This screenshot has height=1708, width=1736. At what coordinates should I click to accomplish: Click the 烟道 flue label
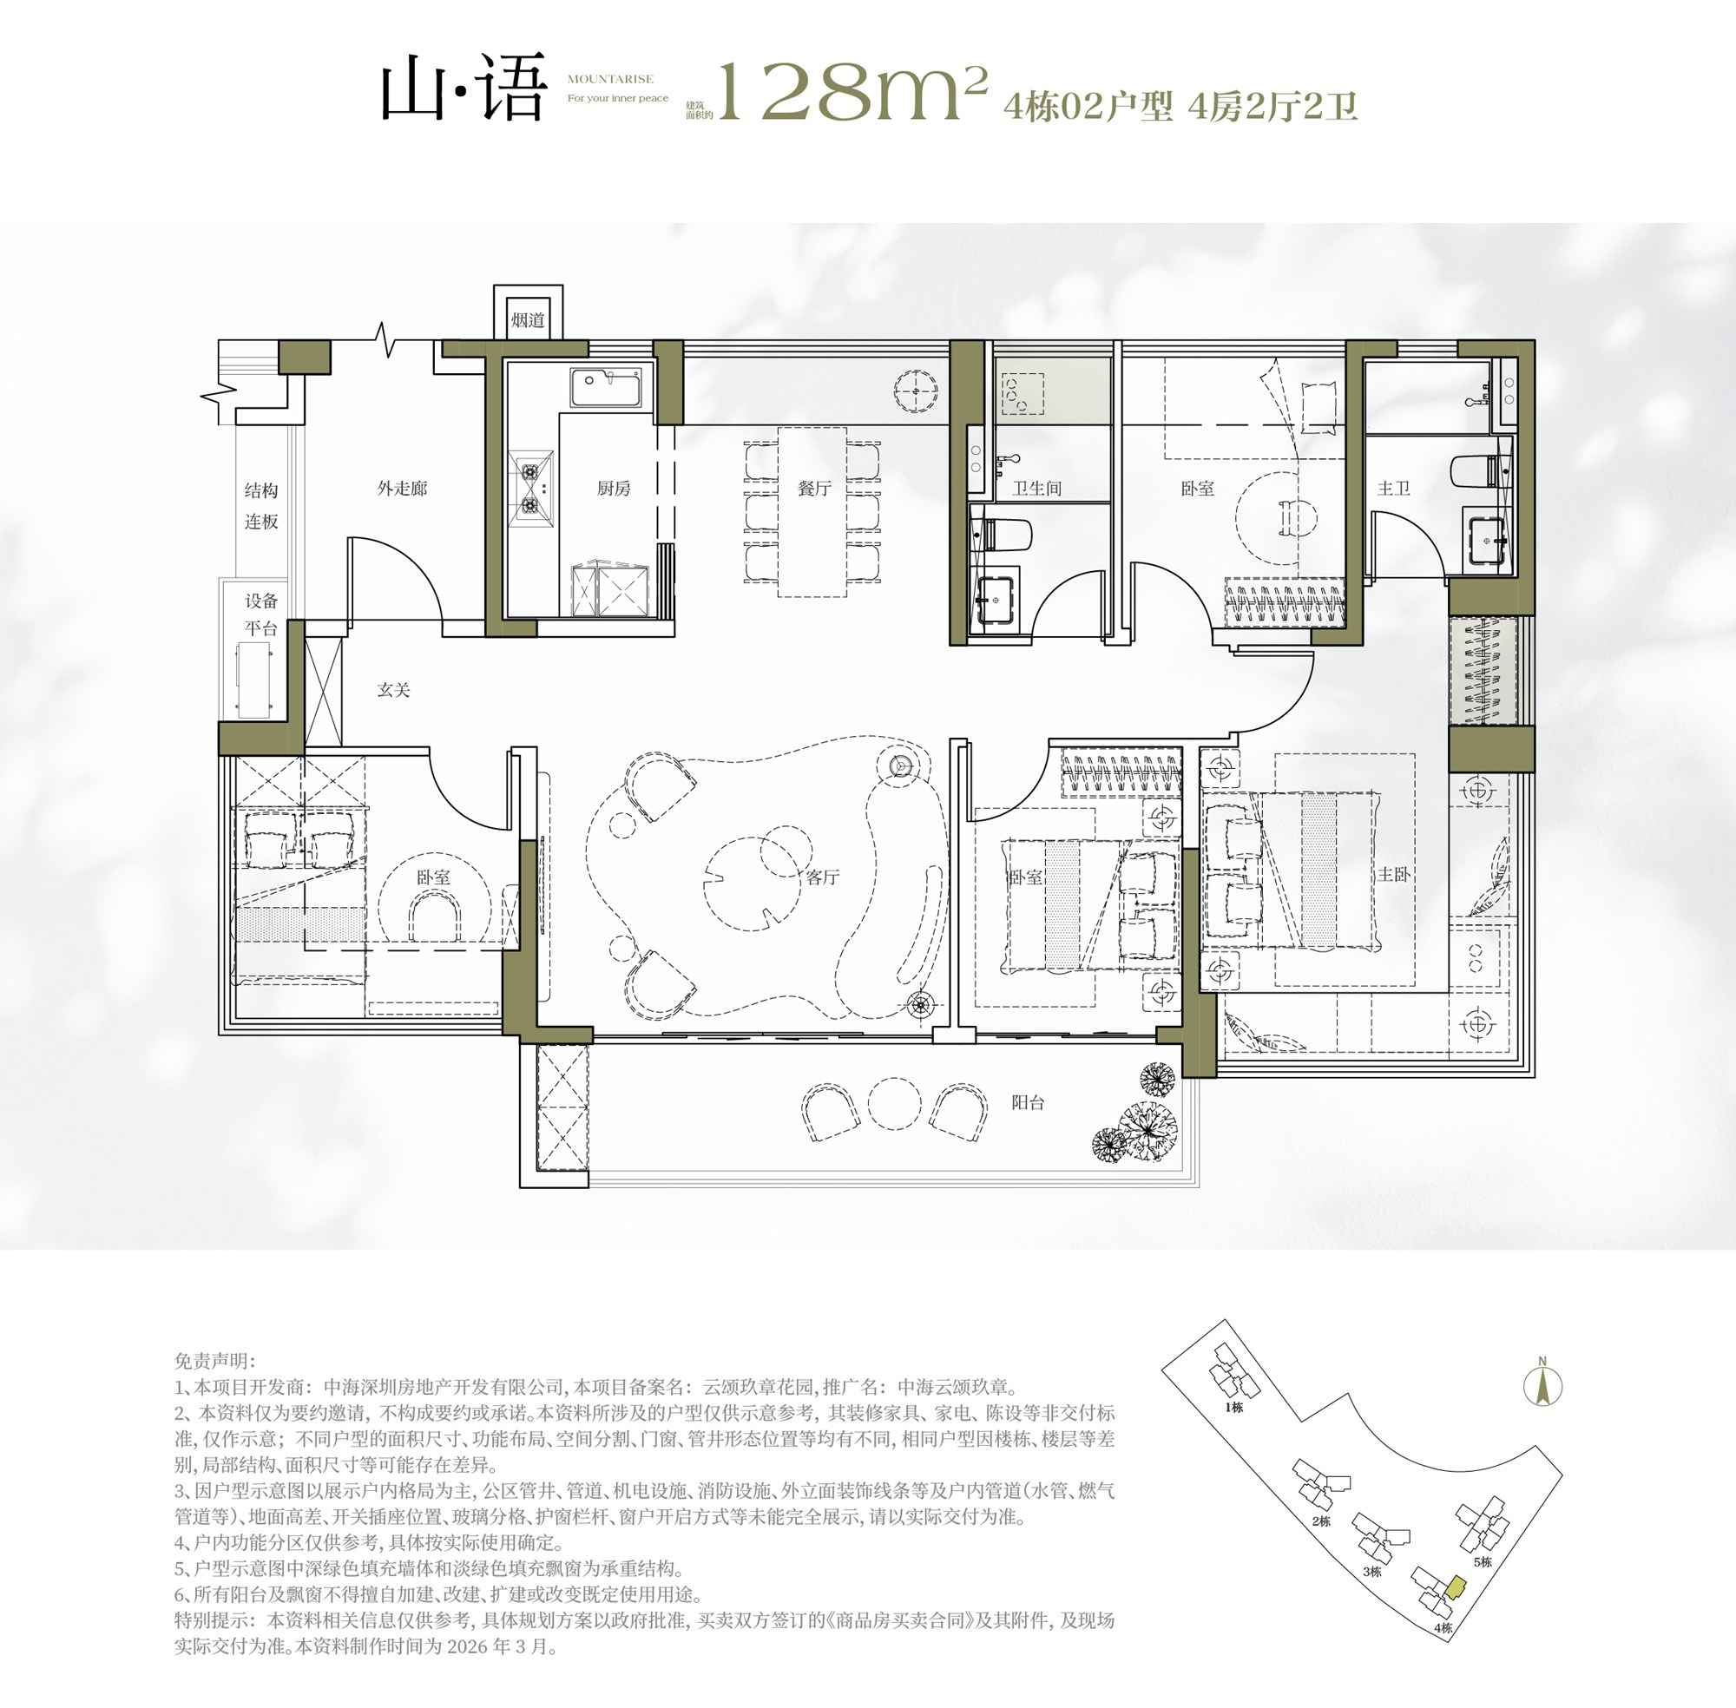tap(528, 319)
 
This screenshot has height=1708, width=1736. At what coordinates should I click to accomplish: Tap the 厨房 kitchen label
tap(614, 488)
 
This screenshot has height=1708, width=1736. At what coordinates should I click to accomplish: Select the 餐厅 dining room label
tap(815, 488)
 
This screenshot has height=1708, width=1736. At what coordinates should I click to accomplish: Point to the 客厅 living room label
tap(822, 877)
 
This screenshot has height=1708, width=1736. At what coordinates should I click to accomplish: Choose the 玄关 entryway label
tap(393, 690)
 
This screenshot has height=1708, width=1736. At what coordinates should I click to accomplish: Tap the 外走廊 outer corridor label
tap(402, 488)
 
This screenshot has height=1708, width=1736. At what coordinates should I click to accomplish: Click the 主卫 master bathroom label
tap(1393, 488)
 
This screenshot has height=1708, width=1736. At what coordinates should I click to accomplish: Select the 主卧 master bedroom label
tap(1393, 874)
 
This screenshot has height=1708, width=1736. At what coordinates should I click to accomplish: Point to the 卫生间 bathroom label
tap(1037, 488)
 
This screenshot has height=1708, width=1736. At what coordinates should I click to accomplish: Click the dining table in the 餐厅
tap(812, 512)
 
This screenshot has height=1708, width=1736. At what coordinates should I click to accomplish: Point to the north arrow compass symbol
tap(1543, 1386)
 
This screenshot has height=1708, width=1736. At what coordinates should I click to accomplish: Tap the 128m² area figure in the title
tap(852, 91)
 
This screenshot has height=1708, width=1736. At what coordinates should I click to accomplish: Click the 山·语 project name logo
tap(464, 87)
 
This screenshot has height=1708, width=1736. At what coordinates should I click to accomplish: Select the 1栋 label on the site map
tap(1233, 1408)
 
